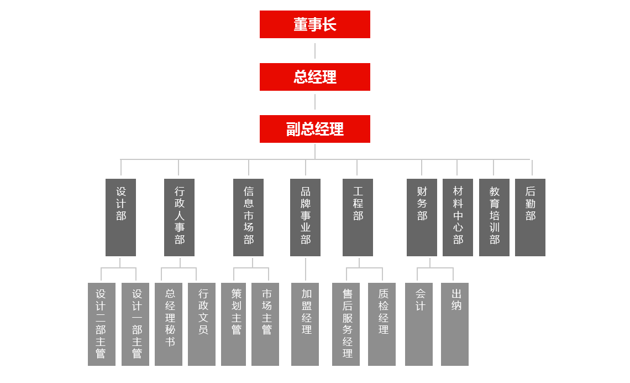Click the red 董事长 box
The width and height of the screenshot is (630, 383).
(x=314, y=25)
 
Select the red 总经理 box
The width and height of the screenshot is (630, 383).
(x=314, y=77)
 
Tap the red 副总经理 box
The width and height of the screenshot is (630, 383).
(x=314, y=129)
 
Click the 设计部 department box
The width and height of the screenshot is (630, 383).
(x=120, y=218)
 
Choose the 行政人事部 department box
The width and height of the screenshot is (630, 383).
(x=179, y=218)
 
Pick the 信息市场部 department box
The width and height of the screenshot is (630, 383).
(x=248, y=218)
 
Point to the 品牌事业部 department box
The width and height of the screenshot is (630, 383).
(x=305, y=218)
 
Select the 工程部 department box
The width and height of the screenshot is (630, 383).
(x=358, y=218)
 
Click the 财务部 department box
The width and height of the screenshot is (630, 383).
(x=422, y=218)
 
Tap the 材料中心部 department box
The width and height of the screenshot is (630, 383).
(x=458, y=218)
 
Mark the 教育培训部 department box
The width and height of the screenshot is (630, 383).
(x=494, y=218)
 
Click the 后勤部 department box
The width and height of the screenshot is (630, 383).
(x=529, y=218)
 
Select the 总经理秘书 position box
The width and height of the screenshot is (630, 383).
(x=169, y=324)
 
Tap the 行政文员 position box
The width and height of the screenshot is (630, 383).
(x=202, y=324)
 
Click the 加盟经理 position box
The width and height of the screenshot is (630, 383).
(x=305, y=324)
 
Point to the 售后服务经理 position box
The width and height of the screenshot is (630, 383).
(x=346, y=324)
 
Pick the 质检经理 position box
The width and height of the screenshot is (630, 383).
(x=382, y=324)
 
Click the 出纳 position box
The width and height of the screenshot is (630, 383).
(x=455, y=324)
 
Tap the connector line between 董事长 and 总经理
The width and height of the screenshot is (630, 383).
(x=315, y=50)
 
